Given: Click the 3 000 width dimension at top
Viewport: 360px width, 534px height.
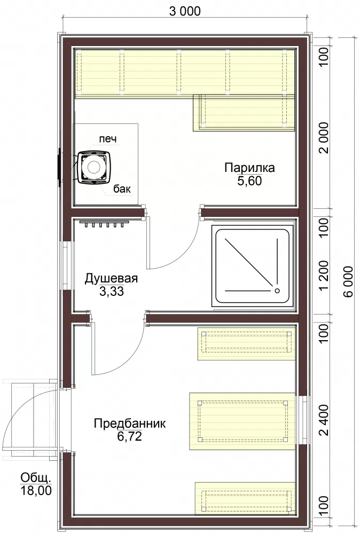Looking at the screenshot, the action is click(x=185, y=11).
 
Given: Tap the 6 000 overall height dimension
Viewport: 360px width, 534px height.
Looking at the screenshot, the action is click(x=348, y=281).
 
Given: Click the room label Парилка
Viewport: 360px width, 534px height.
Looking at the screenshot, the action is click(x=249, y=168).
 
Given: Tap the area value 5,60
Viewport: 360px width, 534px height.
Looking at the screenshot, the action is click(x=249, y=181).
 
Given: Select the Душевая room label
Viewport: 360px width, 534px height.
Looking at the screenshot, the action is click(x=111, y=279).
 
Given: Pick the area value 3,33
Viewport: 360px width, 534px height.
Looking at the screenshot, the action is click(x=112, y=292).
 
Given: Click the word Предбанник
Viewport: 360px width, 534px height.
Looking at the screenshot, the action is click(x=130, y=423).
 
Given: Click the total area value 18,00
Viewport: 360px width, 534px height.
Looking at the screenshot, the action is click(x=36, y=490).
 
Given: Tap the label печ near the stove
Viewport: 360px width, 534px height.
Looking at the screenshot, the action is click(x=107, y=139).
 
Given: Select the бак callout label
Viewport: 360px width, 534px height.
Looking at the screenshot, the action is click(x=122, y=189).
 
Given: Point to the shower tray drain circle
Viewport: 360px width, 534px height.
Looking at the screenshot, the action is click(x=277, y=290).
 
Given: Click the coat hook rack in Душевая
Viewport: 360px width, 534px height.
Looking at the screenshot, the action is click(x=104, y=223).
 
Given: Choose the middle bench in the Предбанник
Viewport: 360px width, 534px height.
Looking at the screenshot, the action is click(x=242, y=421).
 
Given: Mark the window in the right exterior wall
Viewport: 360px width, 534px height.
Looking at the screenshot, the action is click(x=303, y=420).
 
